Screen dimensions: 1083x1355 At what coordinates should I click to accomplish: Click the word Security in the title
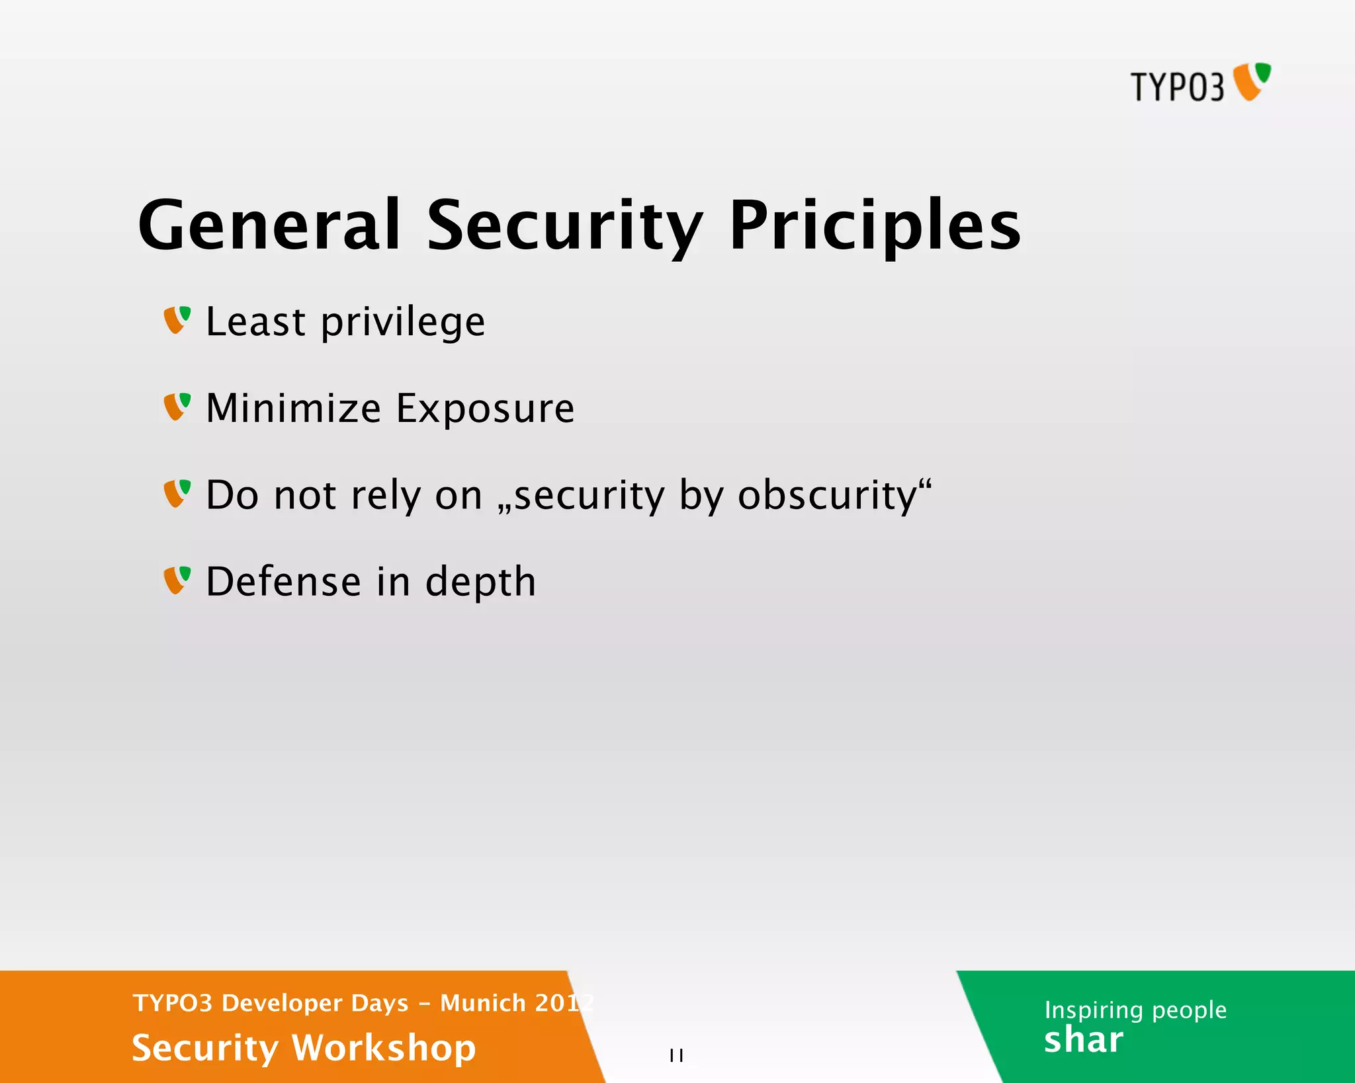pos(564,225)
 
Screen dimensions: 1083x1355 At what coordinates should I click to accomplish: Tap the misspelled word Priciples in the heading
pos(875,225)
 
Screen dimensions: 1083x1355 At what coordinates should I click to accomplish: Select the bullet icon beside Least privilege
pos(177,320)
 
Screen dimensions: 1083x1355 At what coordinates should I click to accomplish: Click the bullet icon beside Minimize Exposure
pos(177,407)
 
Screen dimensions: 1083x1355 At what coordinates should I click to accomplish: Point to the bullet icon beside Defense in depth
pos(177,580)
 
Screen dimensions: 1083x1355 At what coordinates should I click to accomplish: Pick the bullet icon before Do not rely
pos(177,493)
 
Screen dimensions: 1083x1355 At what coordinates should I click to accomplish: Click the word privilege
pos(403,322)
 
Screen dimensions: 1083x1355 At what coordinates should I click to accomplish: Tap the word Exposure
pos(485,408)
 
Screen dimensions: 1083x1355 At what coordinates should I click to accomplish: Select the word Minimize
pos(293,408)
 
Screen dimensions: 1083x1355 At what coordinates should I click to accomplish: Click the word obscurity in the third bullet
pos(827,495)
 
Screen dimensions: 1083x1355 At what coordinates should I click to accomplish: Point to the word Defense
pos(283,581)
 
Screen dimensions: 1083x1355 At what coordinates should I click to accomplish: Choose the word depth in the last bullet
pos(480,582)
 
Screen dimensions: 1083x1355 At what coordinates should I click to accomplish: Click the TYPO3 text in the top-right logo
pos(1177,87)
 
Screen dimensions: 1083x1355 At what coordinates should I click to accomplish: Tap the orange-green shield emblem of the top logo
pos(1252,81)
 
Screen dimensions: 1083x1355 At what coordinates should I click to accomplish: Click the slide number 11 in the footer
pos(676,1055)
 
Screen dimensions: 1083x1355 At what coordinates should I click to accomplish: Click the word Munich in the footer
pos(483,1003)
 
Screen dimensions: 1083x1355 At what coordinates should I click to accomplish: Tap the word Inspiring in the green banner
pos(1094,1010)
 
